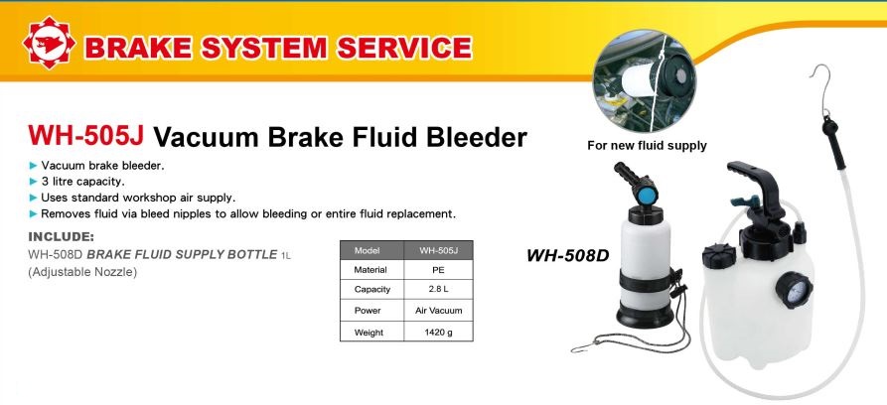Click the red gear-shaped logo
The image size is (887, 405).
click(49, 43)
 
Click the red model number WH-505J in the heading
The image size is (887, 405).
click(86, 136)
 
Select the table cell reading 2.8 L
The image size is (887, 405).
click(438, 289)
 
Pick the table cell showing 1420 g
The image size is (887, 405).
click(438, 332)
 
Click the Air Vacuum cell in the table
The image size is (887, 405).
click(438, 311)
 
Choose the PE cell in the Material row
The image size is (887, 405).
click(438, 270)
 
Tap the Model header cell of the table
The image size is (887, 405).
click(371, 250)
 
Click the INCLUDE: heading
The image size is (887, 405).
click(62, 236)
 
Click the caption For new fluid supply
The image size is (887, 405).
click(647, 146)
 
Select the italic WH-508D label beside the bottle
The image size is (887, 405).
click(567, 256)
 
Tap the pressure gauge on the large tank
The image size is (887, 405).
click(793, 290)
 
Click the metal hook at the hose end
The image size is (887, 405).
click(817, 84)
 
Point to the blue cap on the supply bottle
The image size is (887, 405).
click(646, 196)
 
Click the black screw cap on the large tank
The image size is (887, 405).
click(718, 256)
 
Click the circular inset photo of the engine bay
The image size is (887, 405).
click(645, 80)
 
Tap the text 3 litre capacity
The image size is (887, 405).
click(82, 182)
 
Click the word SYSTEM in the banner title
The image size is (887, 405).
click(264, 48)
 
